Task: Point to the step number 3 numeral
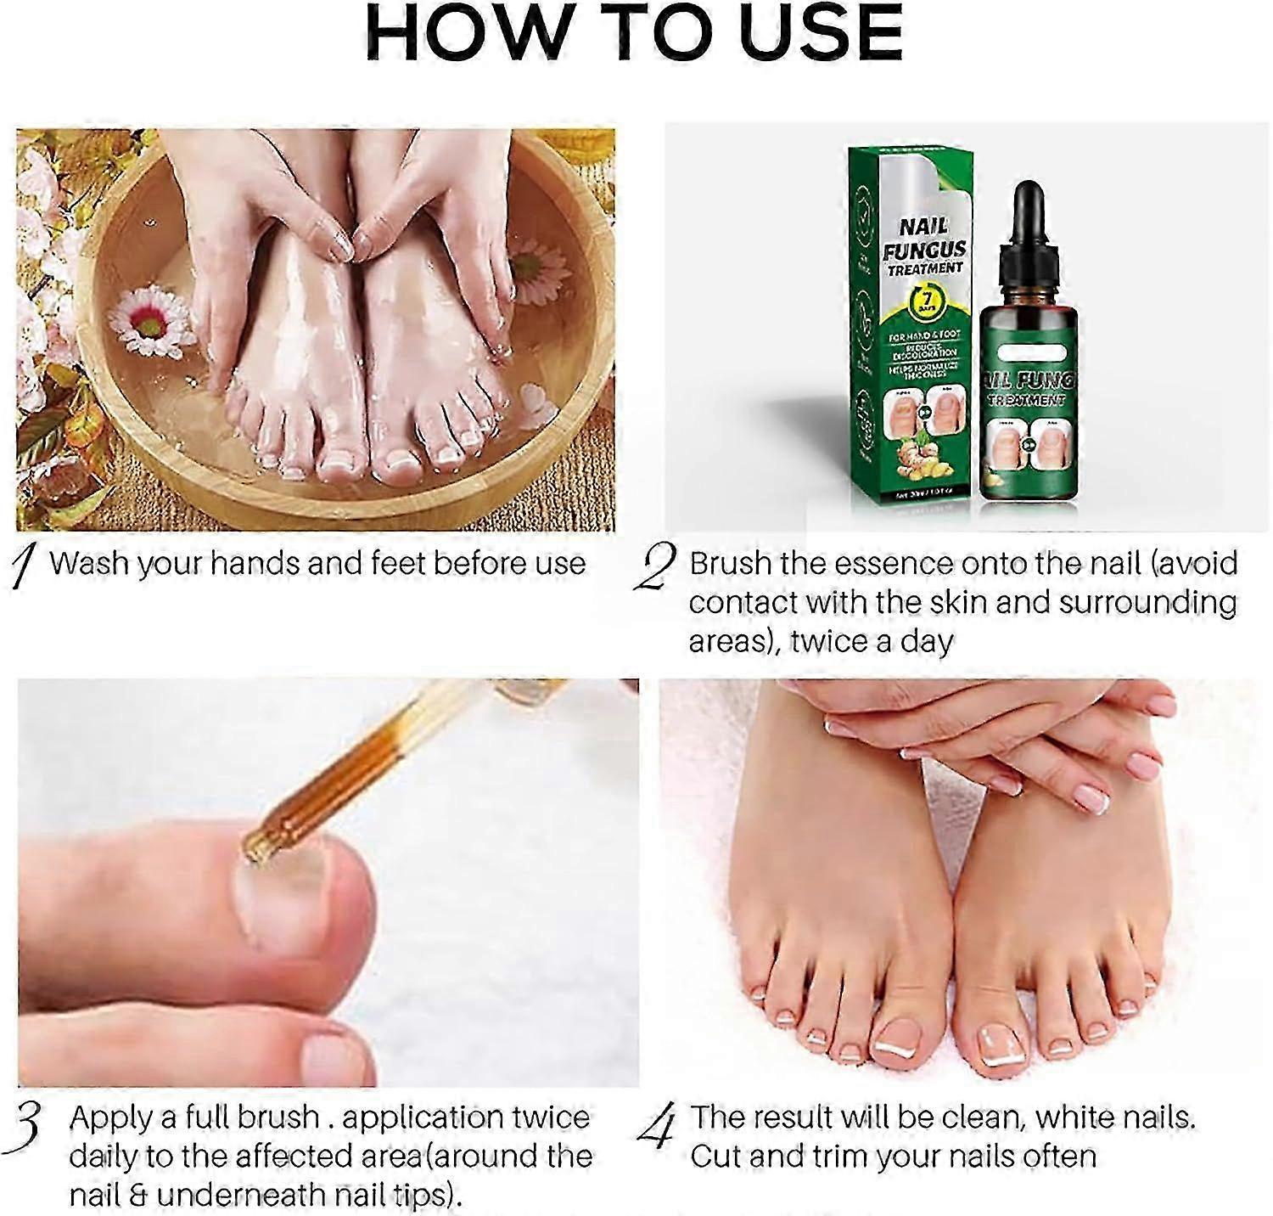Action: (29, 1125)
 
